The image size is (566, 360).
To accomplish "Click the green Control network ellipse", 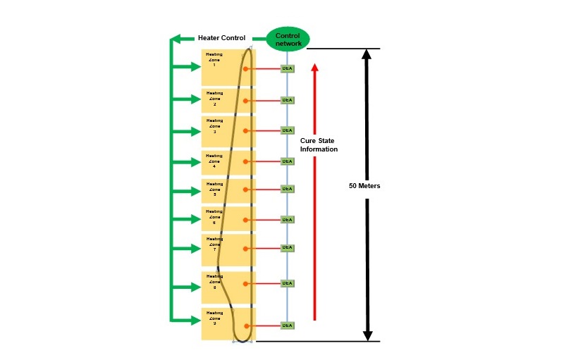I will (288, 39).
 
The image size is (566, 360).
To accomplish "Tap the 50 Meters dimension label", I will (364, 186).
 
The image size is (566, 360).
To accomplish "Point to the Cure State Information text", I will (319, 144).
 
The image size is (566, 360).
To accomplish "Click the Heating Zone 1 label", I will (214, 59).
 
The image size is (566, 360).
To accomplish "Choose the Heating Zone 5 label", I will (214, 189).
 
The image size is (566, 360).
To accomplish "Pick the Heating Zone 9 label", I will (214, 318).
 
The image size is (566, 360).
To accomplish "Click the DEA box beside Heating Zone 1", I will (287, 69).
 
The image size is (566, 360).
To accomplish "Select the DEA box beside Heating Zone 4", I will (287, 161).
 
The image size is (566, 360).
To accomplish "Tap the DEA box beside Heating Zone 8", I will (287, 283).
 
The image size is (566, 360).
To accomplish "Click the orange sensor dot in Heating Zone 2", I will (247, 100).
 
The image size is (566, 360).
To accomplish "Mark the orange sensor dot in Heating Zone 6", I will (247, 219).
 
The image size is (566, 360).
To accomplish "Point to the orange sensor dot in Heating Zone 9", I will (247, 325).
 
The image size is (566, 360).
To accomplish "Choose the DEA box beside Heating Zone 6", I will (287, 219).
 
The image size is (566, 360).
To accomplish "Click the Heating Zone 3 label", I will (214, 125).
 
